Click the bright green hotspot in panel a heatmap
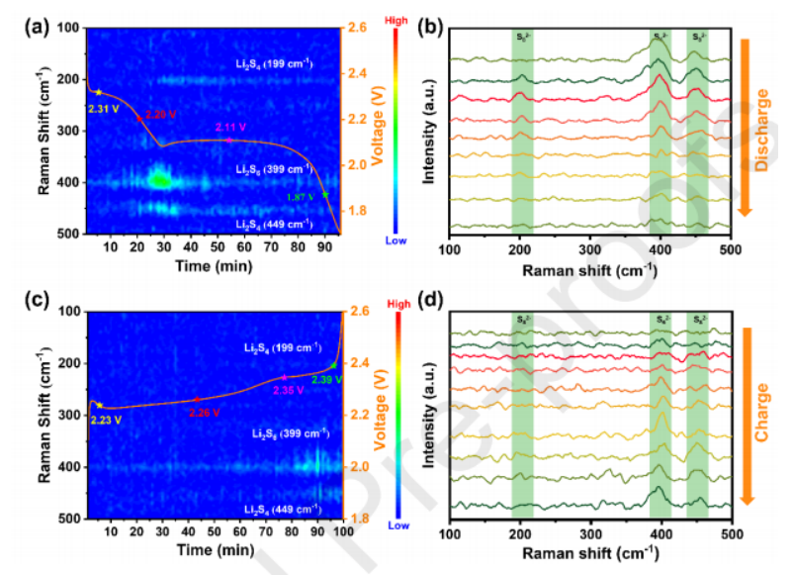tap(158, 179)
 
